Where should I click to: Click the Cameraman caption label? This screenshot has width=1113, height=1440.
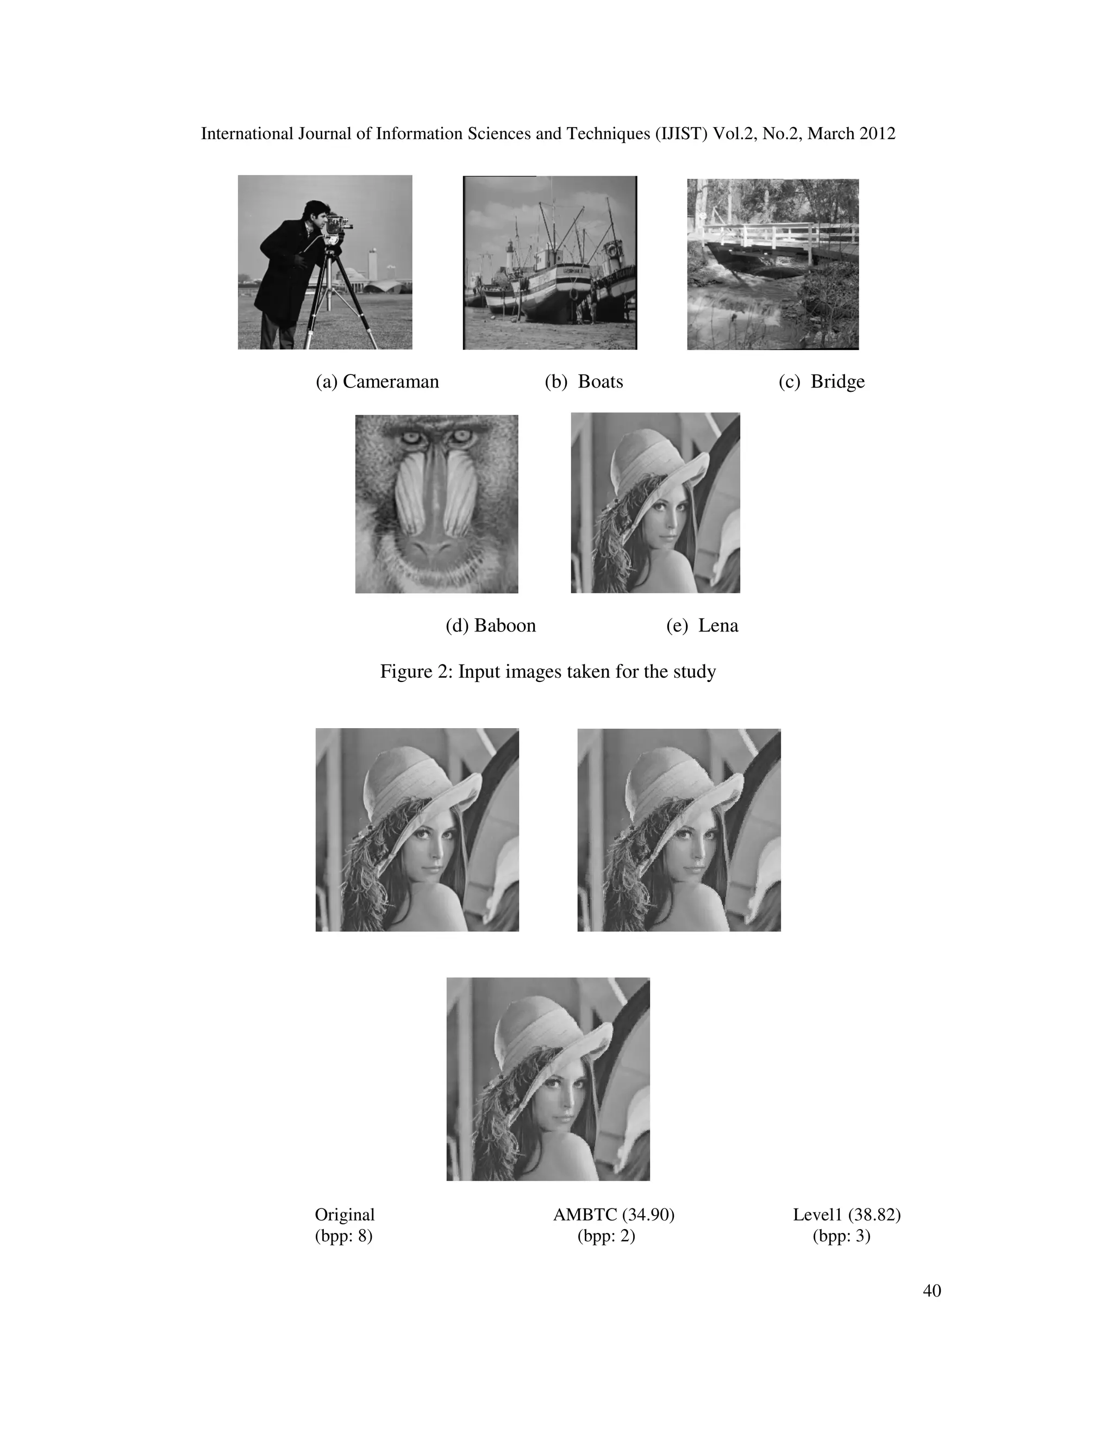click(377, 382)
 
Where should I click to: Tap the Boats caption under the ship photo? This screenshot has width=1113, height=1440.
click(584, 382)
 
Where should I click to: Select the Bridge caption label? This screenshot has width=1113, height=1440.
click(822, 382)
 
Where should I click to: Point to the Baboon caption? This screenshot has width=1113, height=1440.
click(491, 625)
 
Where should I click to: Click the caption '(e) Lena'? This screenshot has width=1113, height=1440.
click(702, 625)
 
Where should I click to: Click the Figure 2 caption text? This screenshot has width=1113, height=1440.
click(548, 671)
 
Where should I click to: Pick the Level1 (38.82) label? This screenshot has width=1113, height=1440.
click(847, 1214)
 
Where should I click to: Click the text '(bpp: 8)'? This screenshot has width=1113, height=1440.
click(343, 1236)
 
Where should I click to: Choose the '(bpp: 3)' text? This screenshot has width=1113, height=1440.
click(841, 1236)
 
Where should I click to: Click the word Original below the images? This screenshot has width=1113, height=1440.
click(344, 1214)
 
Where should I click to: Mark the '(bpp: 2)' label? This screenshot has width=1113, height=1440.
click(606, 1236)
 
